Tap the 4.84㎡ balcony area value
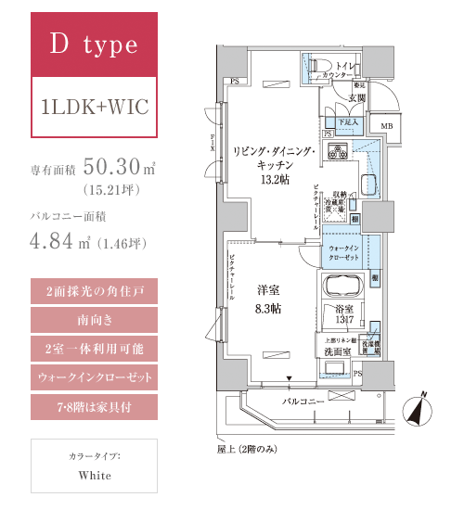pos(56,247)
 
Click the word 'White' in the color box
pos(95,476)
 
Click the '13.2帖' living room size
pos(276,178)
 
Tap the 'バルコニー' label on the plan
pos(303,400)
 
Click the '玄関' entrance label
pos(357,96)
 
